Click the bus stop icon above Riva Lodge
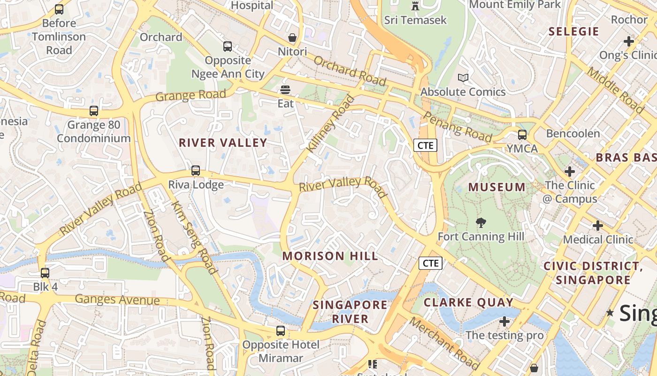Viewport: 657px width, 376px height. [196, 171]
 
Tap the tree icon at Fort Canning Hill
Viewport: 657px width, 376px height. [481, 223]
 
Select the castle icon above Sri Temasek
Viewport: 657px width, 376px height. [415, 6]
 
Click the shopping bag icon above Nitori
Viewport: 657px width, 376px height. [292, 38]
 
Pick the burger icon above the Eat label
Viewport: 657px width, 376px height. [285, 90]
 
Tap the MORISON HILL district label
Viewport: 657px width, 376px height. [330, 256]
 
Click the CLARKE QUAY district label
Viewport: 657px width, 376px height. [468, 302]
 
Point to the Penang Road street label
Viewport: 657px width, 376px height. [458, 127]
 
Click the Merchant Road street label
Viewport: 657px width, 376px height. [443, 343]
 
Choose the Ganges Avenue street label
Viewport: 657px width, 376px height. [117, 299]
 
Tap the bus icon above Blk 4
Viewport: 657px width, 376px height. [45, 273]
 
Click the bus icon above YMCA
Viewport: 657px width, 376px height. [522, 135]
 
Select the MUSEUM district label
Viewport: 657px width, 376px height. [497, 187]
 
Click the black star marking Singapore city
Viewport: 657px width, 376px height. [610, 313]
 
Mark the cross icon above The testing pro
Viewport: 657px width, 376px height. [504, 321]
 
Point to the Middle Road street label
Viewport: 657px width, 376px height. [616, 91]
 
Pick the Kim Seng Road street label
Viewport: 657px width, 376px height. [193, 238]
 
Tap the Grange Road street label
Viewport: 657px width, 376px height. [191, 95]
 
